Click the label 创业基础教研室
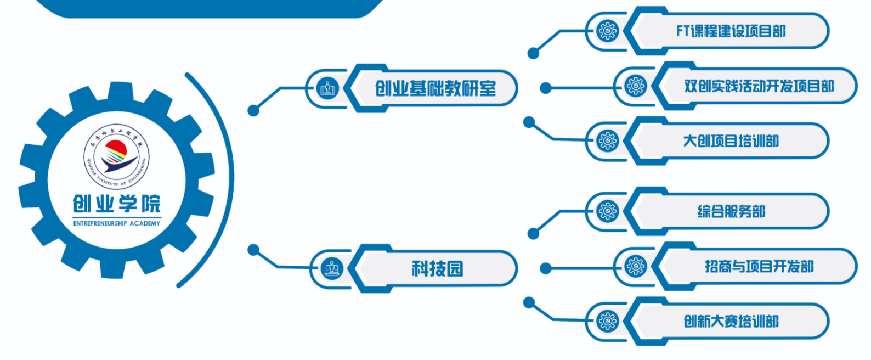coord(435,88)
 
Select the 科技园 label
coord(437,268)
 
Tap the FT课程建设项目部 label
coord(731,31)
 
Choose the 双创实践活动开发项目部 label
coord(759,86)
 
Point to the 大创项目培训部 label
coord(731,141)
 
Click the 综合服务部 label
coord(731,211)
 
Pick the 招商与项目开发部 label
coord(759,267)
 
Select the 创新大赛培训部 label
coord(731,321)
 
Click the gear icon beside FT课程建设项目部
coord(607,31)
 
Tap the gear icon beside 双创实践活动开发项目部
coord(636,86)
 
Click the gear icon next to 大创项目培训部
coord(607,141)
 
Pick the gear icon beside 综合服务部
coord(607,211)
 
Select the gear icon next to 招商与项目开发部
coord(636,267)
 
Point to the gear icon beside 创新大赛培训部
coord(607,321)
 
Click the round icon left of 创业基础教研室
coord(328,88)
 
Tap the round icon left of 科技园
coord(332,268)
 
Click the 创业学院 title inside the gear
coord(117,204)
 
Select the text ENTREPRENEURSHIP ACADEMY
coord(117,223)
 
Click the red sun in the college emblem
coord(116,148)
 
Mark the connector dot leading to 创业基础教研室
coord(253,111)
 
